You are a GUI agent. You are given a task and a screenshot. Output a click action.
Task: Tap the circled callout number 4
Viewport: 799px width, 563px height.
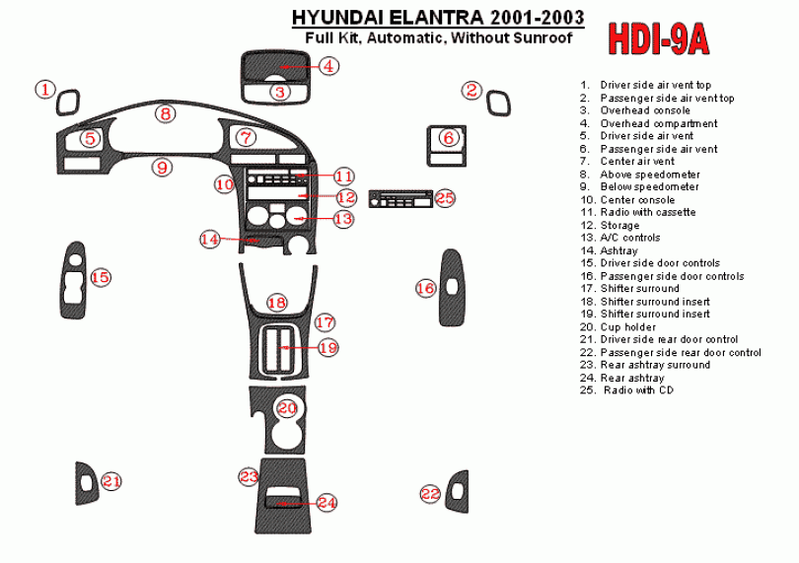tap(328, 66)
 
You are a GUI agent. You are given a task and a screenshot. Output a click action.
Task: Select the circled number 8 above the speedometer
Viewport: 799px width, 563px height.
tap(166, 114)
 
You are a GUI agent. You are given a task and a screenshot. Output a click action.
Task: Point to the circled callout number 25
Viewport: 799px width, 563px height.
tap(445, 198)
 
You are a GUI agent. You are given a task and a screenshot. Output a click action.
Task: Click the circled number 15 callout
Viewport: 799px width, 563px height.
tap(101, 278)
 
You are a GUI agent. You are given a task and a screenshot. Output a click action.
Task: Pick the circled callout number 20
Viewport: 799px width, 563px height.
tap(287, 407)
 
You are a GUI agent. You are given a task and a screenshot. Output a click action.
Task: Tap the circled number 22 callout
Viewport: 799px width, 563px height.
tap(430, 494)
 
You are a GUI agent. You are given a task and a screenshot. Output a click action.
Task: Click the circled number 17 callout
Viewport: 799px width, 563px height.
tap(325, 322)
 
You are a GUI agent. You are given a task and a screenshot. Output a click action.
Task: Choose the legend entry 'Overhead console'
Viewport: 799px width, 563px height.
tap(645, 110)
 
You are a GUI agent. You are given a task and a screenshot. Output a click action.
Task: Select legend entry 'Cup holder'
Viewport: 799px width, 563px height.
tap(626, 326)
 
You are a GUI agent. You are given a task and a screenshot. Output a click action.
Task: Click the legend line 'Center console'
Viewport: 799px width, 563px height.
tap(637, 200)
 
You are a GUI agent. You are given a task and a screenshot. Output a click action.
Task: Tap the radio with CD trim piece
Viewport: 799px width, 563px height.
tap(399, 199)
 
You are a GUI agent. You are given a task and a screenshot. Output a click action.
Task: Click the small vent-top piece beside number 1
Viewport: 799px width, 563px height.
tap(69, 103)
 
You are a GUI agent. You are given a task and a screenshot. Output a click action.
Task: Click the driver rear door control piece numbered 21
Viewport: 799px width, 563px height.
tap(87, 483)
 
